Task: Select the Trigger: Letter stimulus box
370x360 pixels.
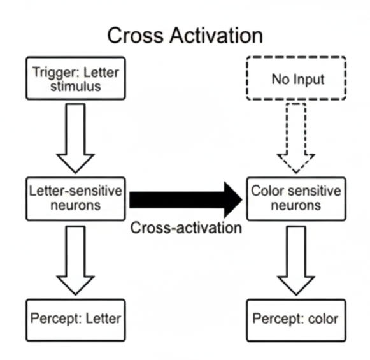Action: click(75, 79)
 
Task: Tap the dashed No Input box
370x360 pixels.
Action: click(295, 80)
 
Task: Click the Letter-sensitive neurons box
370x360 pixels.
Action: click(75, 199)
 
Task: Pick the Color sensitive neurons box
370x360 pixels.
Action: click(295, 199)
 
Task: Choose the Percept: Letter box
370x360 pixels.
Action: click(75, 318)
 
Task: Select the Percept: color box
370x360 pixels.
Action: click(295, 318)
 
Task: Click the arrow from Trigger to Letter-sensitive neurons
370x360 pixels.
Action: click(75, 136)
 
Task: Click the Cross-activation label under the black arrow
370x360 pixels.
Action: click(186, 228)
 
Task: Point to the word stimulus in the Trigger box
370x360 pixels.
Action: click(75, 87)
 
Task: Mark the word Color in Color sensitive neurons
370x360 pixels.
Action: click(266, 191)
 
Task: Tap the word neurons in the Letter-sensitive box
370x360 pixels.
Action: click(75, 206)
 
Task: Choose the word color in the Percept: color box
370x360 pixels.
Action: click(325, 318)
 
